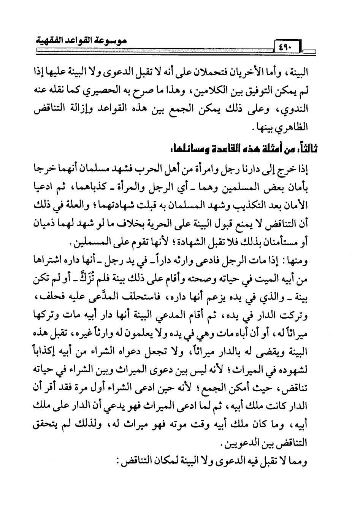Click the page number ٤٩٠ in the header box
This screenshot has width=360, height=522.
click(284, 47)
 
